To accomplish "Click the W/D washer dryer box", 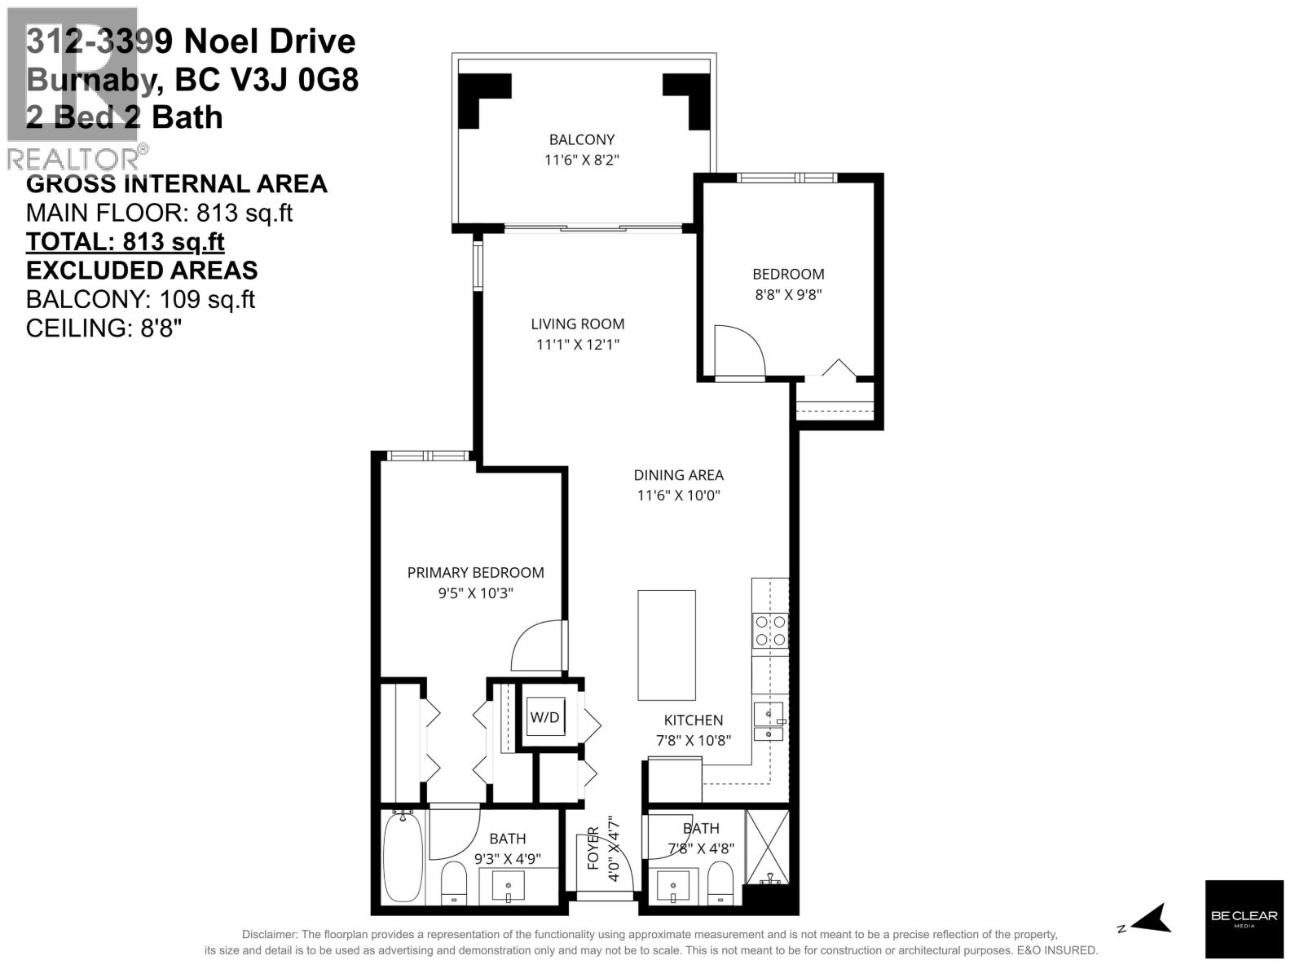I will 545,717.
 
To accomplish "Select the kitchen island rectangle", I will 667,645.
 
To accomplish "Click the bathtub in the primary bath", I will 403,857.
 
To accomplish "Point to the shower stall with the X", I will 768,848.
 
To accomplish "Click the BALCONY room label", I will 581,139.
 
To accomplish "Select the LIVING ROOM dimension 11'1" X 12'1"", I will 578,345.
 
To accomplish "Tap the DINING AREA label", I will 678,475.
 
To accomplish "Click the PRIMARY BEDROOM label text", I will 475,573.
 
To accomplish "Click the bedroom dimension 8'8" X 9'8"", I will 788,295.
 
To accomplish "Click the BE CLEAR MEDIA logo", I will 1244,919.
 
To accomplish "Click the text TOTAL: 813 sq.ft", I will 126,242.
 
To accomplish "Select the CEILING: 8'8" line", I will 104,328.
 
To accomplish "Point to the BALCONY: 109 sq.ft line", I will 140,299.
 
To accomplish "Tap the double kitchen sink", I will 769,722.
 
